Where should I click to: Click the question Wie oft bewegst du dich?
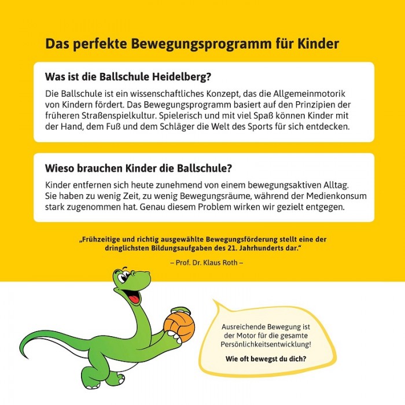coord(266,358)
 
